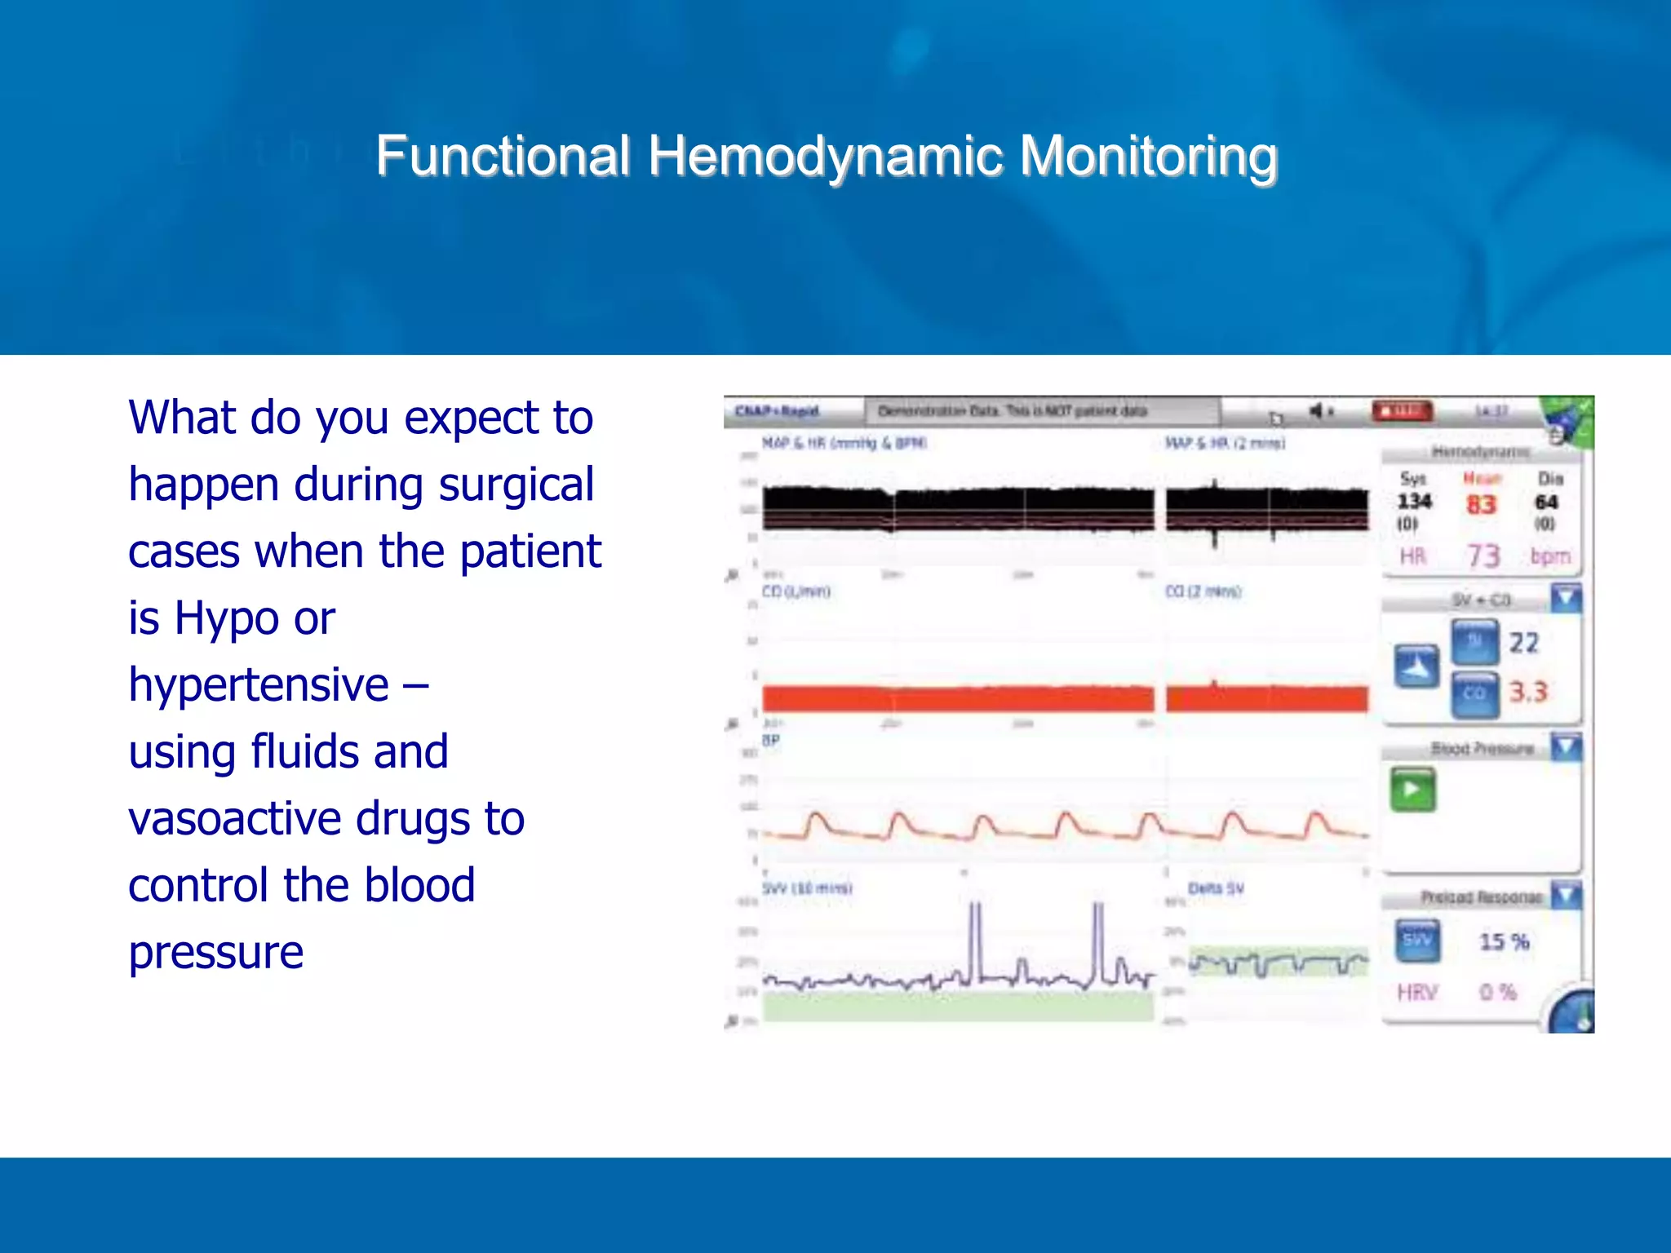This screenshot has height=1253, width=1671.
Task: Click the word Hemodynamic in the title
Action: (x=825, y=156)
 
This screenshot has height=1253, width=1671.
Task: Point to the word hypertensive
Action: (x=259, y=685)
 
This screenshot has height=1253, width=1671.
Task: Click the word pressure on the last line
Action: (x=215, y=953)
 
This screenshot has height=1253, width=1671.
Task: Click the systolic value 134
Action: (x=1414, y=501)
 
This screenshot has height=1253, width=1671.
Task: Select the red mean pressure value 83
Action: (x=1481, y=504)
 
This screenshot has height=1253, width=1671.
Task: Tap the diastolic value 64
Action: (x=1546, y=502)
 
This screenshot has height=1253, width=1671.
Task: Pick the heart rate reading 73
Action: (x=1483, y=556)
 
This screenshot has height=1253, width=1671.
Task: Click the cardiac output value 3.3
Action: (x=1527, y=692)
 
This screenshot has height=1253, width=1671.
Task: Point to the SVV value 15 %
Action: (x=1504, y=941)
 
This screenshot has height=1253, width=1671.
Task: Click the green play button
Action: (x=1412, y=789)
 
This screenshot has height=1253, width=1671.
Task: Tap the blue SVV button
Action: (x=1417, y=941)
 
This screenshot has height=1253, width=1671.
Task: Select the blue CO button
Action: (x=1474, y=693)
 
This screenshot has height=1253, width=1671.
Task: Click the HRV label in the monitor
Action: (x=1416, y=992)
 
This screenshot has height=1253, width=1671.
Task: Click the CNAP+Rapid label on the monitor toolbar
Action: (x=776, y=411)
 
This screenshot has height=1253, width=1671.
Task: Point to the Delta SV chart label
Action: (x=1216, y=888)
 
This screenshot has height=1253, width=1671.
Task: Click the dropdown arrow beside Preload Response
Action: (x=1566, y=896)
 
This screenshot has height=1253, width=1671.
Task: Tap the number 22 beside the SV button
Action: (x=1523, y=643)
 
